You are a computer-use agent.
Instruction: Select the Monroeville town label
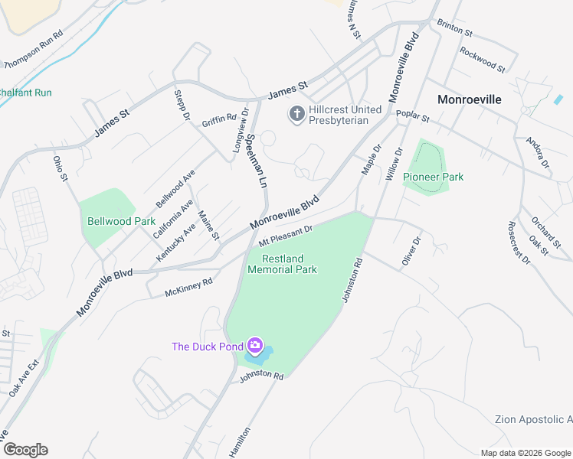pos(469,99)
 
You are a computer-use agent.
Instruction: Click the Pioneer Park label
pos(434,177)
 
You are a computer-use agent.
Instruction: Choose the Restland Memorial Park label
pos(282,264)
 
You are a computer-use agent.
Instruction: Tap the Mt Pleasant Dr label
pos(286,235)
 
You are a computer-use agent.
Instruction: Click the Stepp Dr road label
pos(182,106)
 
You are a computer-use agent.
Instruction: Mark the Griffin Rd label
pos(219,119)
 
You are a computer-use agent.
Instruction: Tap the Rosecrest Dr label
pos(519,243)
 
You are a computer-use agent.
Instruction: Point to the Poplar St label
pos(413,116)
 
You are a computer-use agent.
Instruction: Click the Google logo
pos(25,450)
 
